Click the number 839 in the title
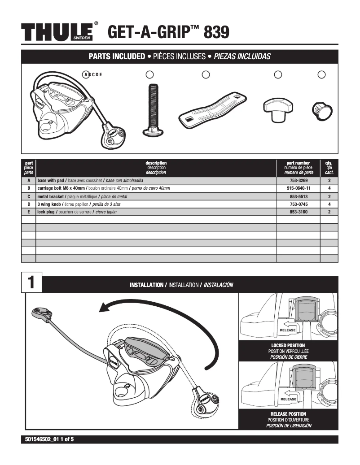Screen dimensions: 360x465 (216, 33)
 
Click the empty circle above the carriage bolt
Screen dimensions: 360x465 (150, 74)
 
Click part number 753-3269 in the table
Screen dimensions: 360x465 (298, 181)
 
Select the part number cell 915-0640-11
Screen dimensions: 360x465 (298, 188)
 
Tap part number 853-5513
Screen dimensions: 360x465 (298, 196)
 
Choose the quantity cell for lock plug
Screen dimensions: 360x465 (329, 212)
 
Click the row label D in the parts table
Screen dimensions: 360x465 (29, 204)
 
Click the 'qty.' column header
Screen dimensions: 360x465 (329, 163)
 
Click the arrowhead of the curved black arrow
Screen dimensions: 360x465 (105, 307)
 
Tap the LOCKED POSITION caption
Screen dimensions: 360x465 (288, 345)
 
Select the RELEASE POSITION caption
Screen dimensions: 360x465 (288, 414)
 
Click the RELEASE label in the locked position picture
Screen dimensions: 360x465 (288, 330)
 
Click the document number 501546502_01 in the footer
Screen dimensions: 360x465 (40, 439)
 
